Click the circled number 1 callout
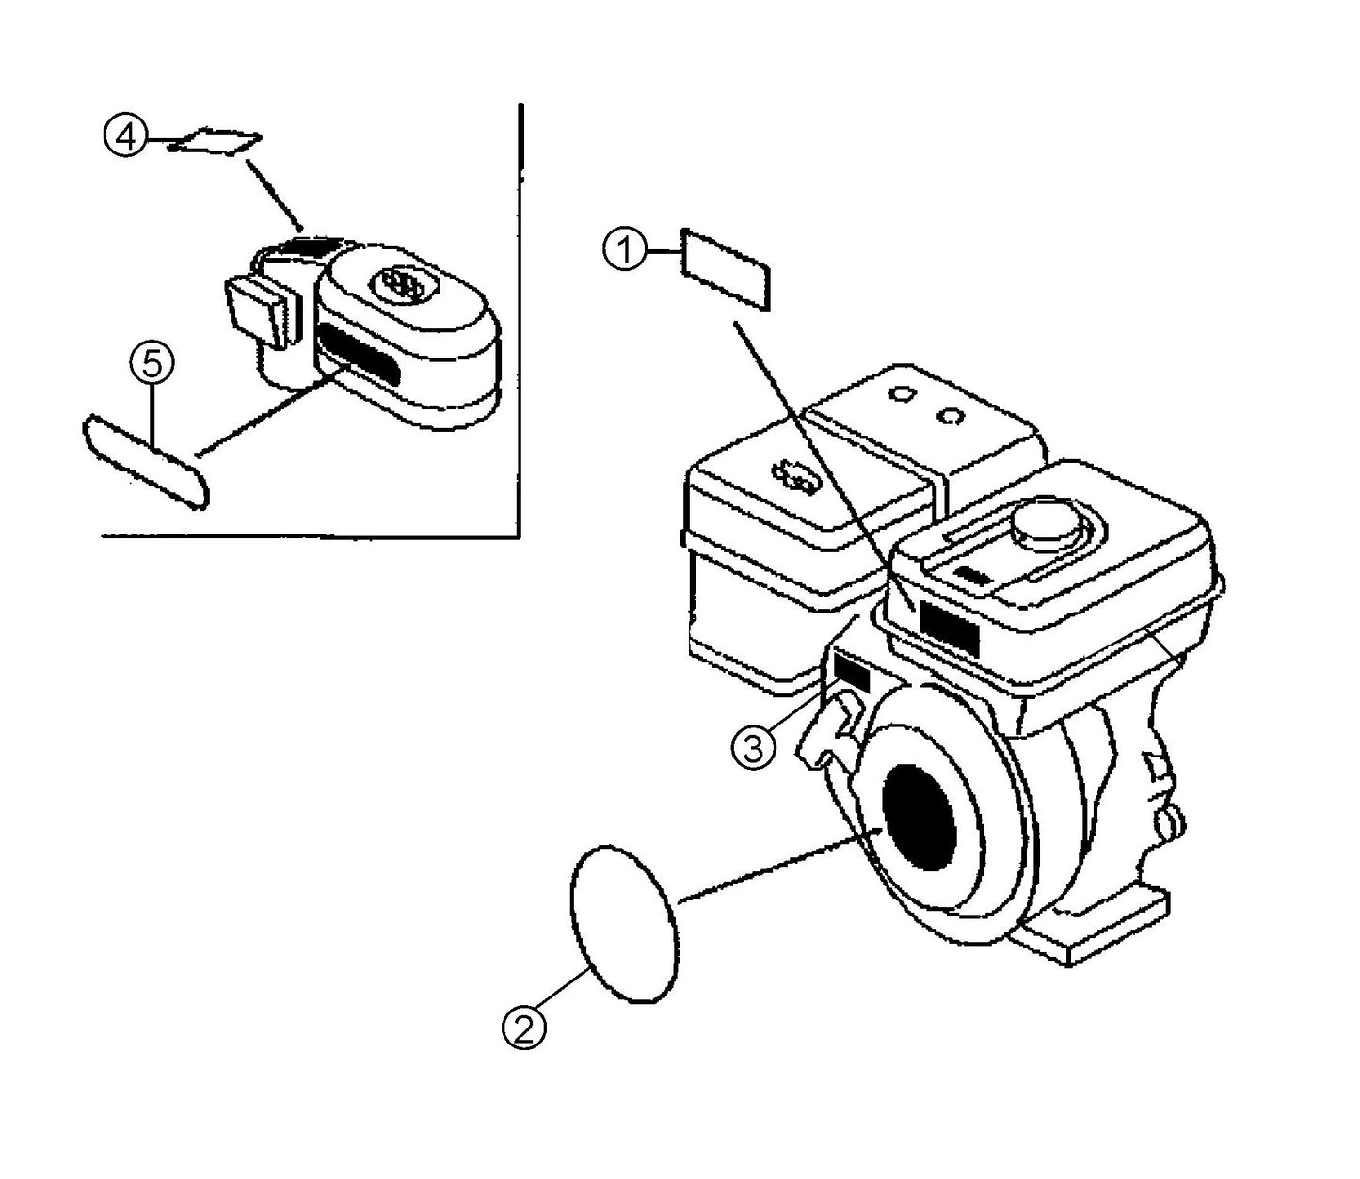coord(623,252)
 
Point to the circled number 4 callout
coord(124,136)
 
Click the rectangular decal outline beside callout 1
coord(726,268)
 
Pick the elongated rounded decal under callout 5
coord(146,462)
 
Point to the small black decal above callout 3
coord(851,671)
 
